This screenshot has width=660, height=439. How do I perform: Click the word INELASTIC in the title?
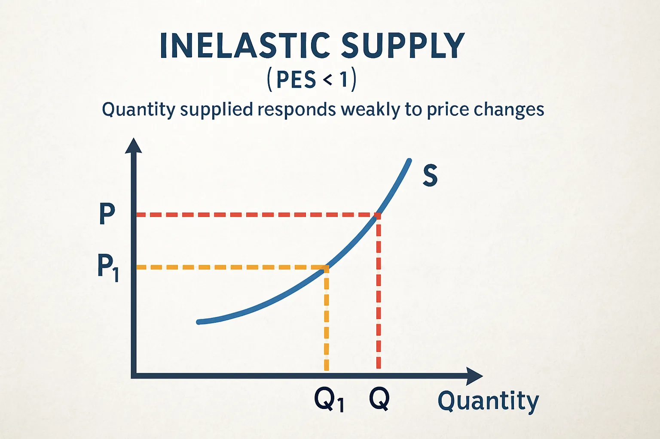[x=244, y=45]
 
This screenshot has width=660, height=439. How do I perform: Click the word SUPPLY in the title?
[x=403, y=45]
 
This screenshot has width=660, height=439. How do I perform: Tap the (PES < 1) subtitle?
[x=312, y=80]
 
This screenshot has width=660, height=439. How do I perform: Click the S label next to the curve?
[x=430, y=176]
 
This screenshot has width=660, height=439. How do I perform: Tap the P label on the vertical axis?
[x=107, y=213]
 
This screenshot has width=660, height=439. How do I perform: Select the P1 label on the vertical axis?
[x=107, y=267]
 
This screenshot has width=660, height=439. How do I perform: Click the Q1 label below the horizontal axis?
[x=329, y=400]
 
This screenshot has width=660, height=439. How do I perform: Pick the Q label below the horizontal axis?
[x=379, y=399]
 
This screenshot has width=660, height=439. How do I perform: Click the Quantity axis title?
[x=488, y=401]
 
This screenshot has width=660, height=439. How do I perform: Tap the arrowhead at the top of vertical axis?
[x=134, y=145]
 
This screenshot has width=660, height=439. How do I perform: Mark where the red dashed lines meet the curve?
[x=378, y=215]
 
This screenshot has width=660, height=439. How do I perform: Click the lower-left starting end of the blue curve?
[x=199, y=322]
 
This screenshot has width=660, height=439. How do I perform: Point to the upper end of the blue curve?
[x=409, y=160]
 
